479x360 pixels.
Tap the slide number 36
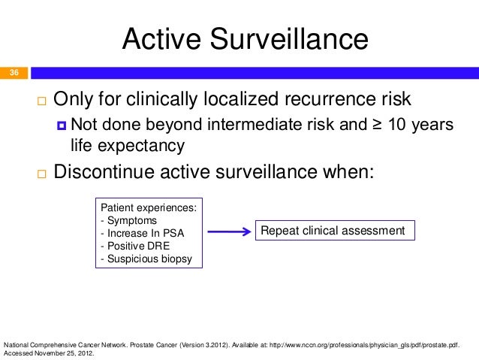click(14, 73)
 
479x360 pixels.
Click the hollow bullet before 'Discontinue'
click(39, 173)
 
